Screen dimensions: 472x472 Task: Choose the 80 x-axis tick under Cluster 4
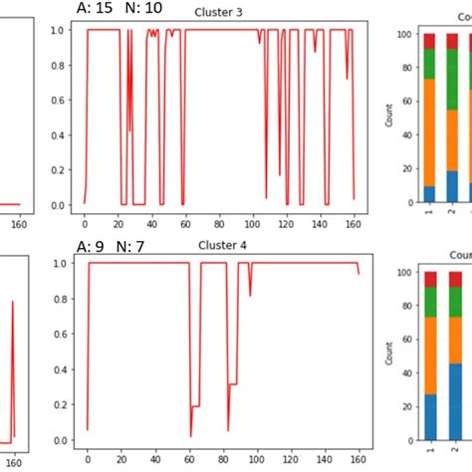pos(222,459)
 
